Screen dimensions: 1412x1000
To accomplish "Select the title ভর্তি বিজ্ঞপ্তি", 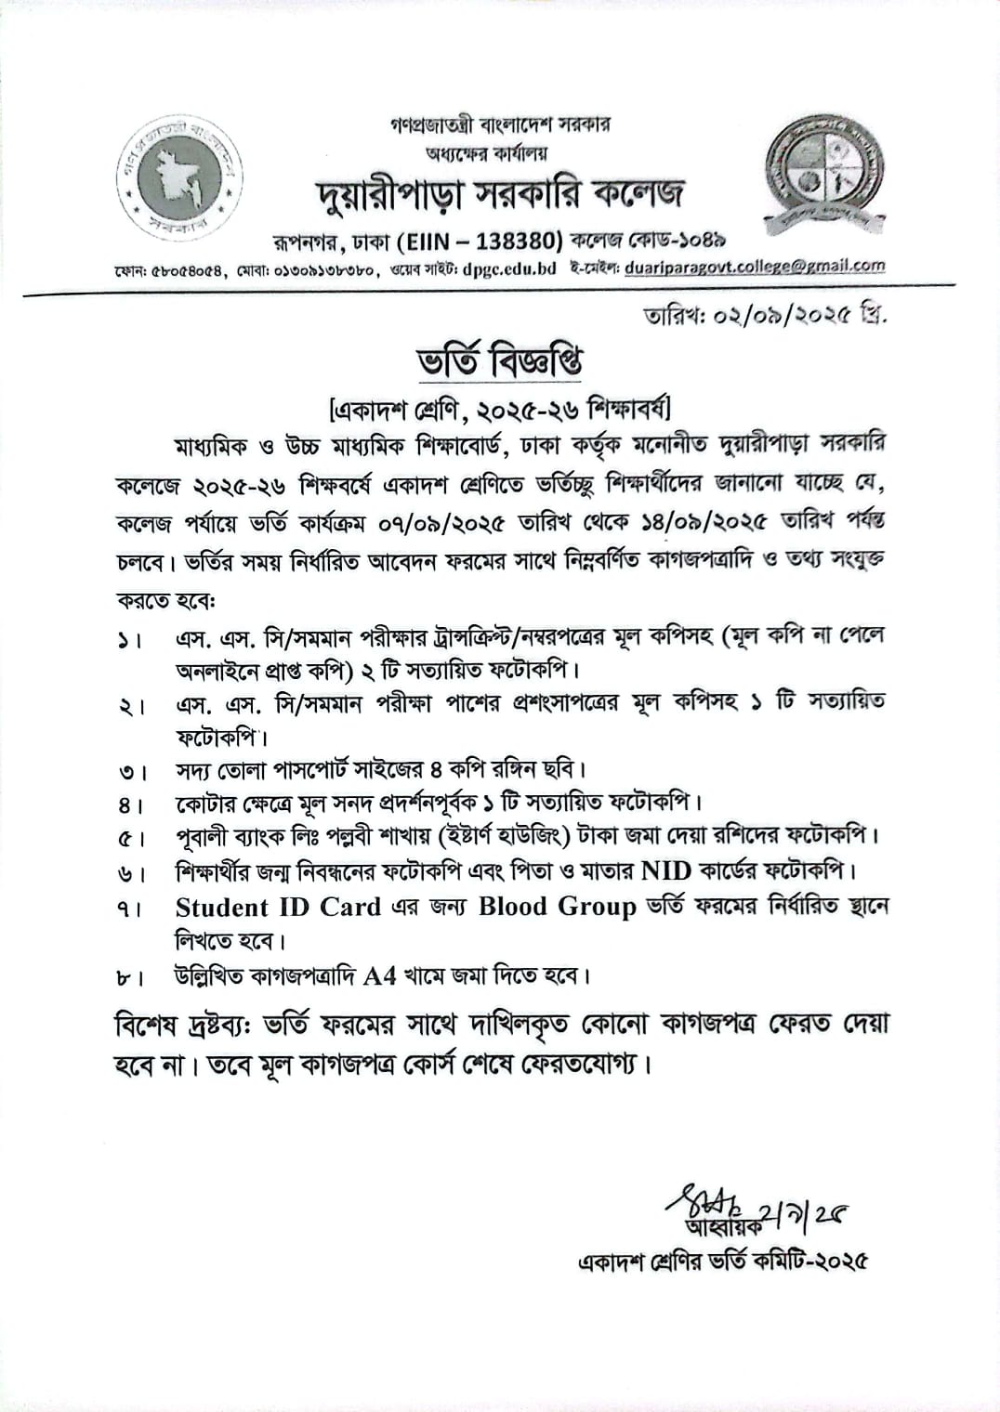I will coord(499,360).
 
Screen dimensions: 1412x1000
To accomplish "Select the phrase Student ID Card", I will coord(278,907).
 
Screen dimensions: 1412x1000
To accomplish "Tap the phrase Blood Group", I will coord(557,907).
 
